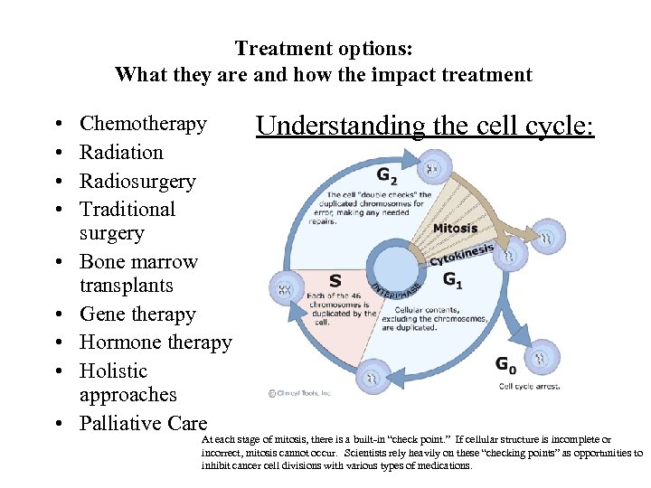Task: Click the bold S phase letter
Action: [335, 281]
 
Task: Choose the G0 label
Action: [506, 364]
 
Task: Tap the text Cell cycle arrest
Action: [530, 386]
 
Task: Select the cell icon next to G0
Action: [544, 357]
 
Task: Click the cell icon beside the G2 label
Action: [432, 168]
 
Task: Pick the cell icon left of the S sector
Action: [285, 288]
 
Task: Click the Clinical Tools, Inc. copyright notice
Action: [300, 393]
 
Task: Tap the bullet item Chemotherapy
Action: [143, 124]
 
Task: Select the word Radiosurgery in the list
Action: [137, 181]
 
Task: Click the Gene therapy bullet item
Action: [137, 314]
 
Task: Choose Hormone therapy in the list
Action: [156, 343]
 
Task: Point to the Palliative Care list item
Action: [143, 424]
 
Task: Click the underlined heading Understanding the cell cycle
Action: [425, 126]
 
